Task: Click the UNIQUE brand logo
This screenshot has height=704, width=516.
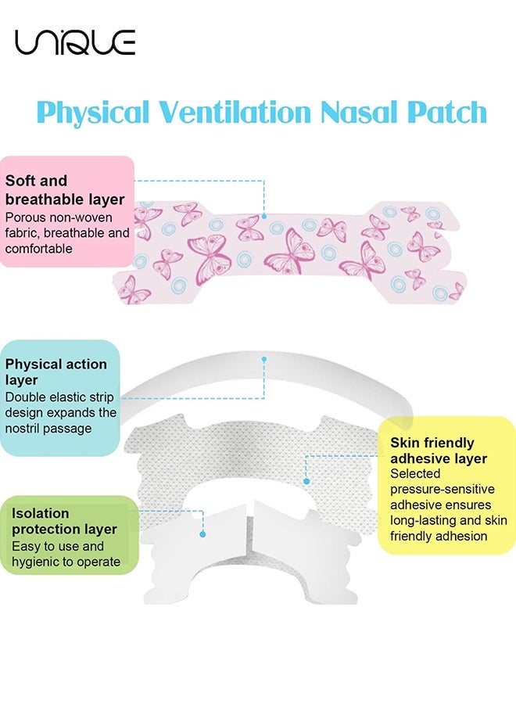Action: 75,42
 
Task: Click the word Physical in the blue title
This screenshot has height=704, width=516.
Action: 93,112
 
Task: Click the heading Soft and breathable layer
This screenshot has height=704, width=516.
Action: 65,190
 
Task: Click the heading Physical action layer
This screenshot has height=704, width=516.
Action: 56,372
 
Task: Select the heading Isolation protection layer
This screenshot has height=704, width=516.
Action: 64,521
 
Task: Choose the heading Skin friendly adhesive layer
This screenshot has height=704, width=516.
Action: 439,451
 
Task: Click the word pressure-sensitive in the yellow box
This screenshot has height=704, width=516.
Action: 442,489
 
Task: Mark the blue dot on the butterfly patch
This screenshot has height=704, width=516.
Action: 264,217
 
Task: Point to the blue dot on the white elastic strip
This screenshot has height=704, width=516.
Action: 264,359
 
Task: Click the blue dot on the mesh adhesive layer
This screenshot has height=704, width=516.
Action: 306,481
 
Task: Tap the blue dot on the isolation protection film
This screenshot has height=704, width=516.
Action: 202,534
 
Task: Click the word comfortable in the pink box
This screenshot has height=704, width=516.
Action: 38,249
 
